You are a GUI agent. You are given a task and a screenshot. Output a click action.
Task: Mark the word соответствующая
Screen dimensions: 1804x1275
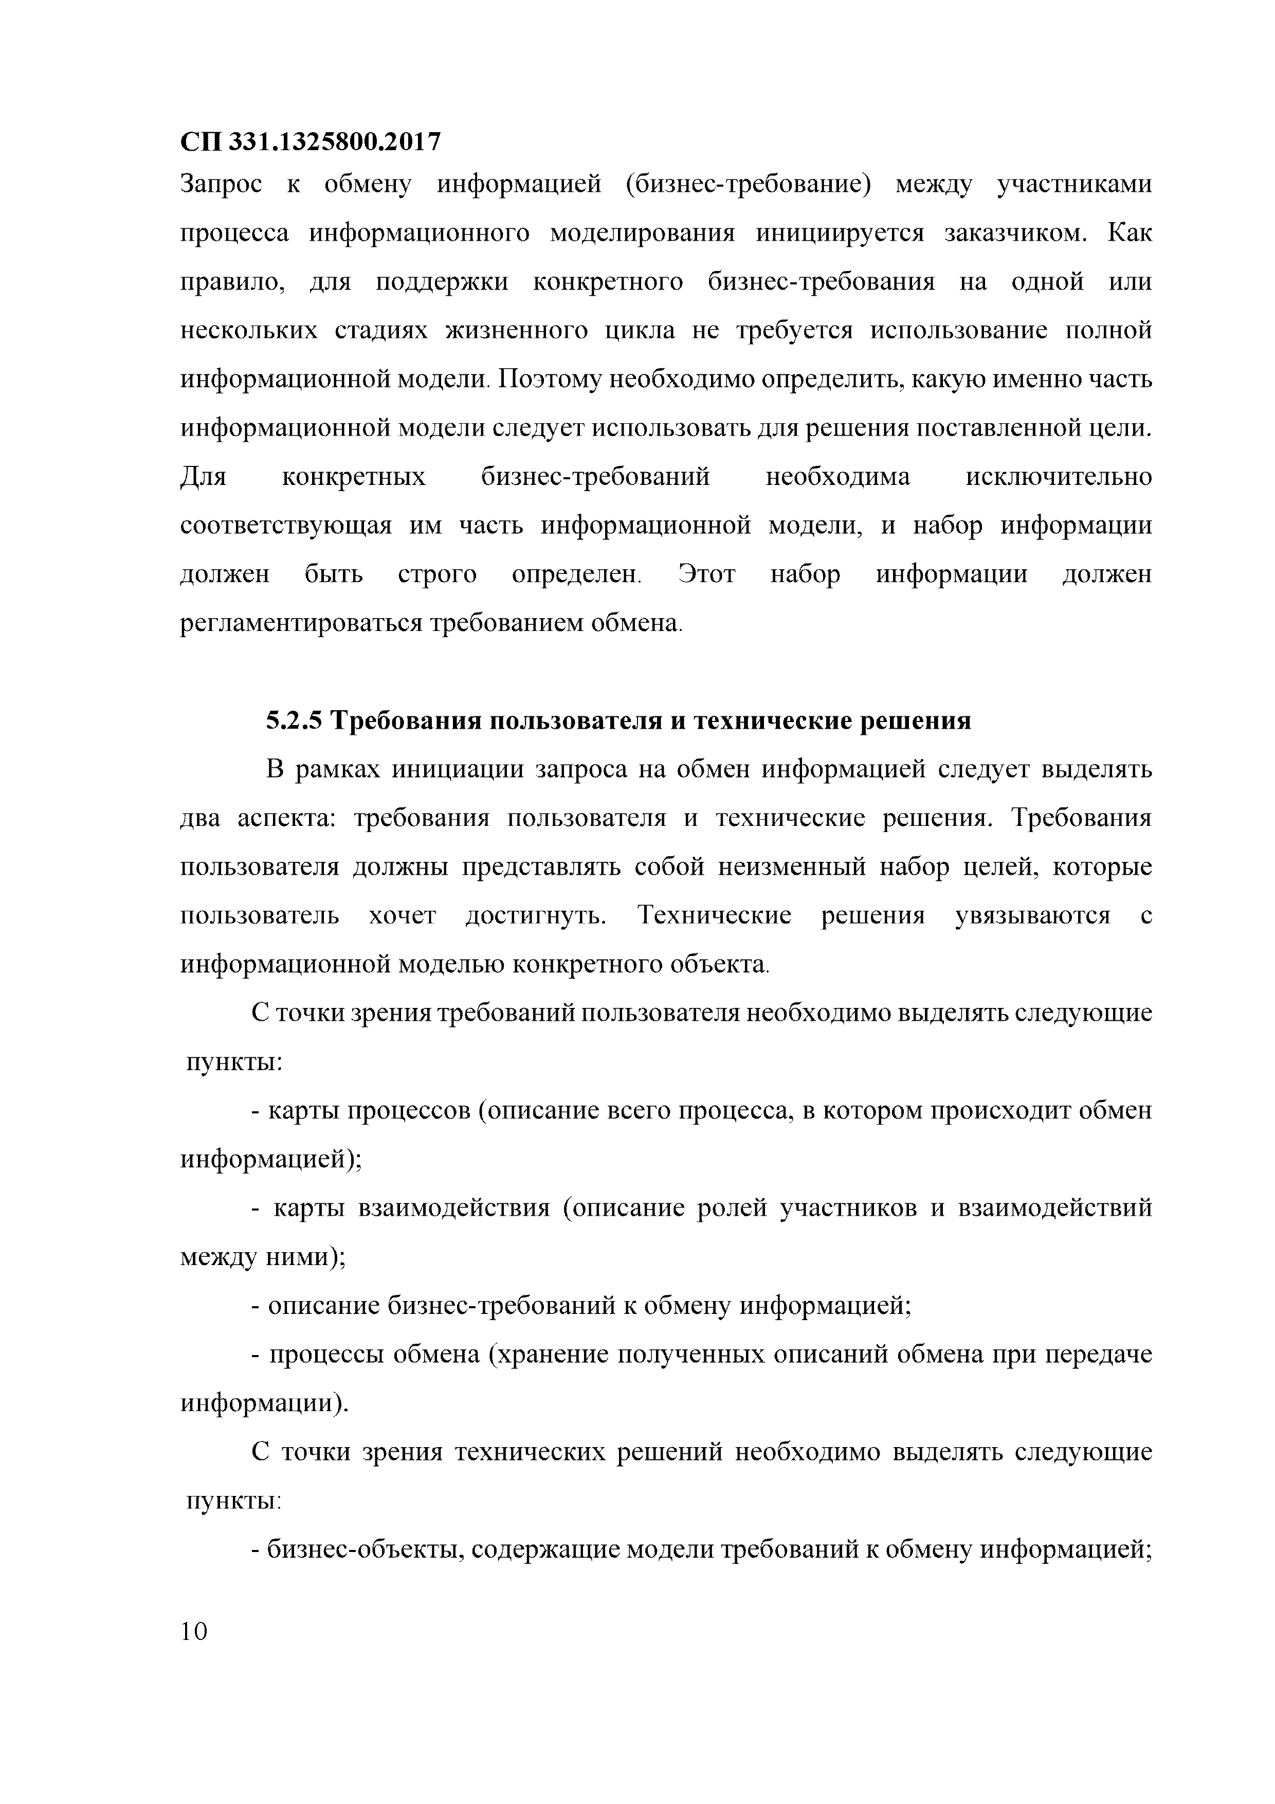pyautogui.click(x=285, y=526)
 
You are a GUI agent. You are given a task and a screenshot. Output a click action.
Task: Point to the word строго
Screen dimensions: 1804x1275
pyautogui.click(x=437, y=574)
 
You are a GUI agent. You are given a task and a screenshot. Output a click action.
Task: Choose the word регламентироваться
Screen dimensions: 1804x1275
pyautogui.click(x=302, y=624)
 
